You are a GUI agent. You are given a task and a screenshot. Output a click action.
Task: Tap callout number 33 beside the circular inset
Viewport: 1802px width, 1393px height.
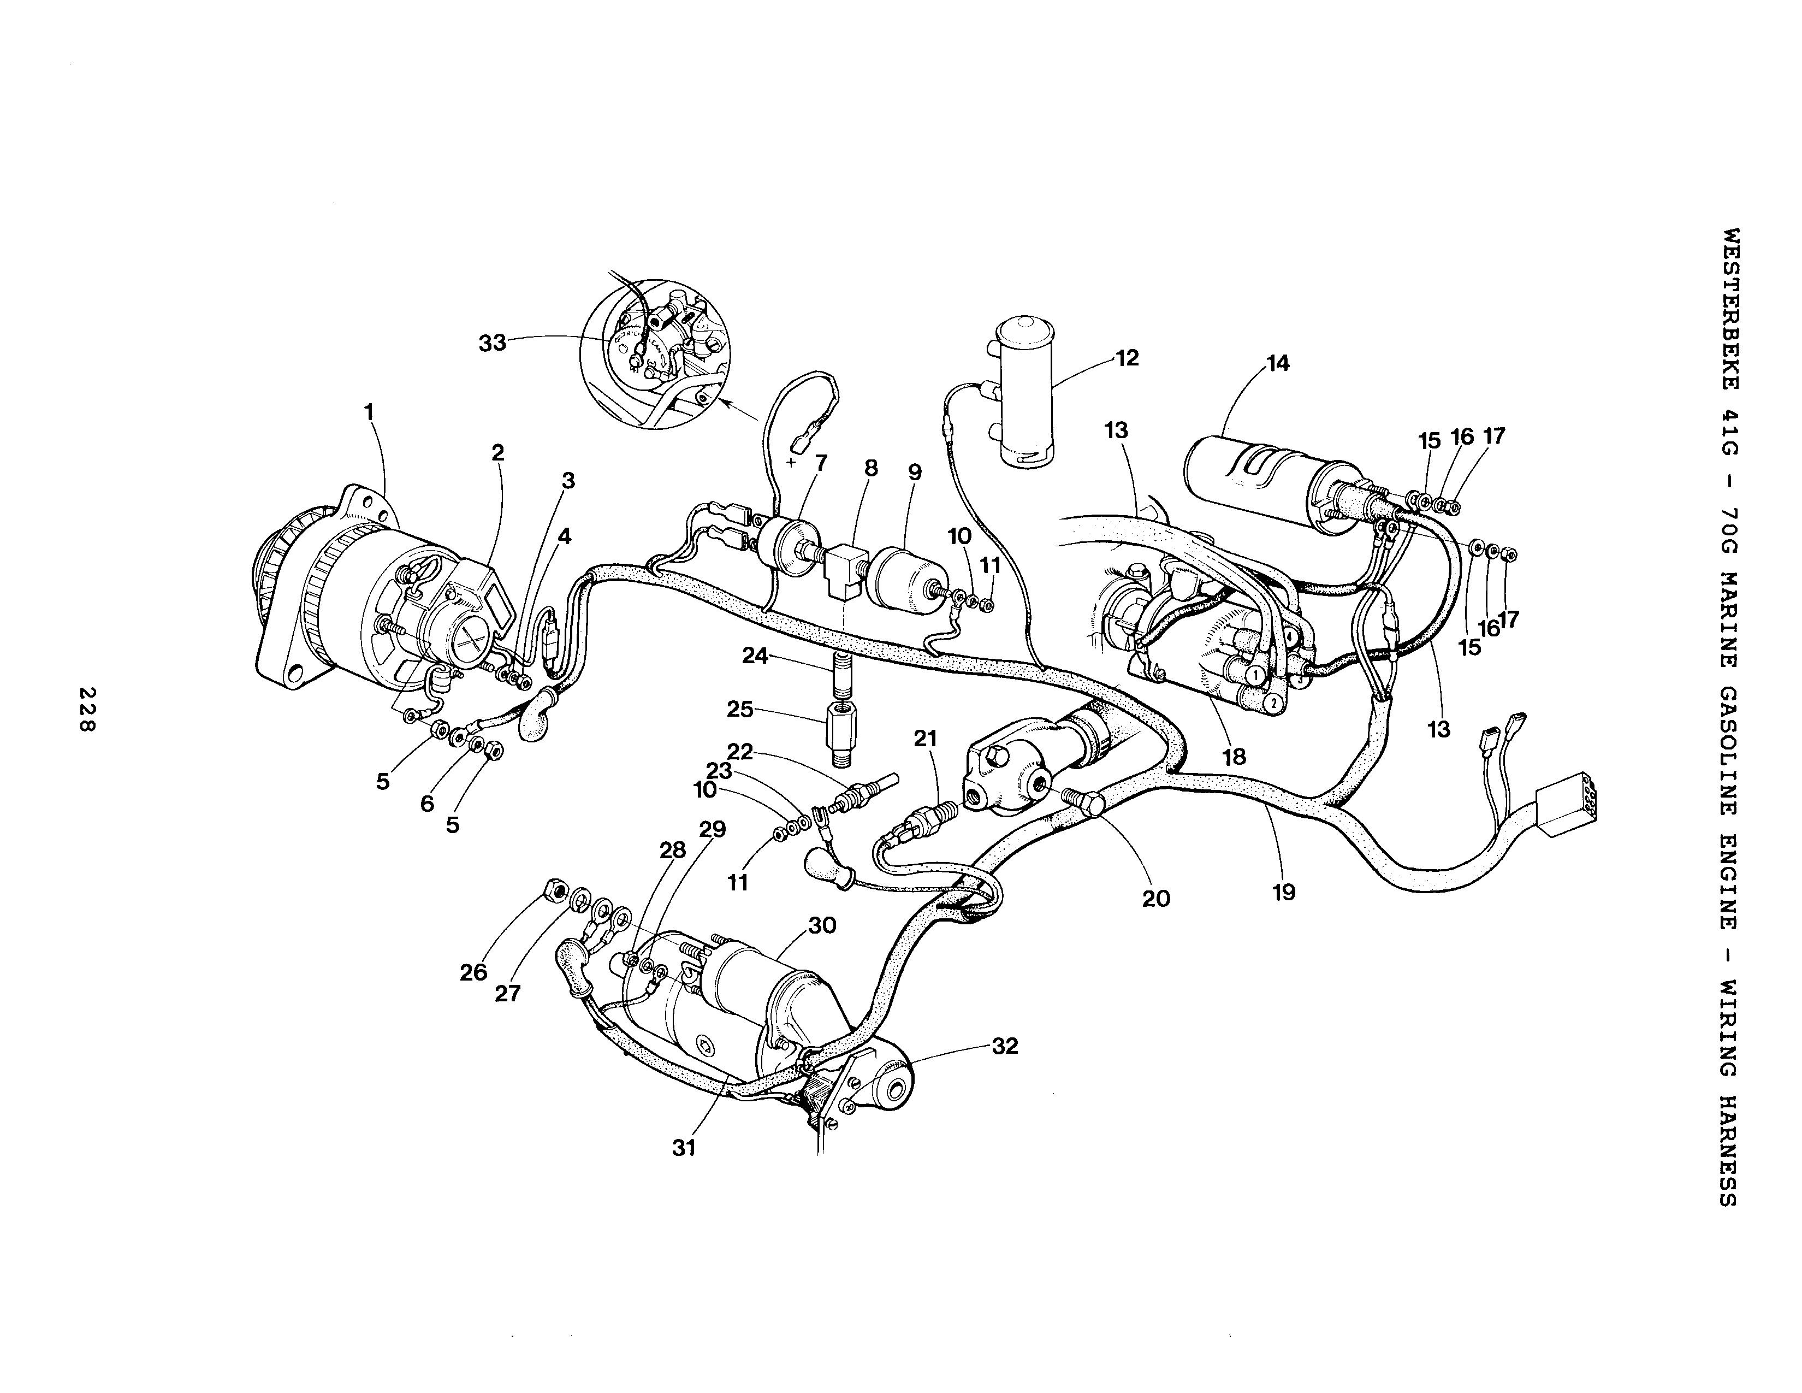[493, 343]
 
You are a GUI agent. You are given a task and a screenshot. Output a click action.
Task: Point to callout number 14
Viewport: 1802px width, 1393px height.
[1277, 363]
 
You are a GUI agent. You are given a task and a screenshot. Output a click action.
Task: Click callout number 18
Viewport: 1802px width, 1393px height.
[1234, 757]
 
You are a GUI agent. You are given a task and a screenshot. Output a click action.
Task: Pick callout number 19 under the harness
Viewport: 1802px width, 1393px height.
[1284, 892]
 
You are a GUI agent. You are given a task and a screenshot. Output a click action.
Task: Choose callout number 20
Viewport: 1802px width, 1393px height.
[1156, 899]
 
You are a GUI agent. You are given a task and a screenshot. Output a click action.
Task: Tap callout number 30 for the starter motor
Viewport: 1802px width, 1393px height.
[822, 925]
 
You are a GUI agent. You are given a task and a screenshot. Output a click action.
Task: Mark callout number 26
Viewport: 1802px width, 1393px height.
[473, 972]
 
